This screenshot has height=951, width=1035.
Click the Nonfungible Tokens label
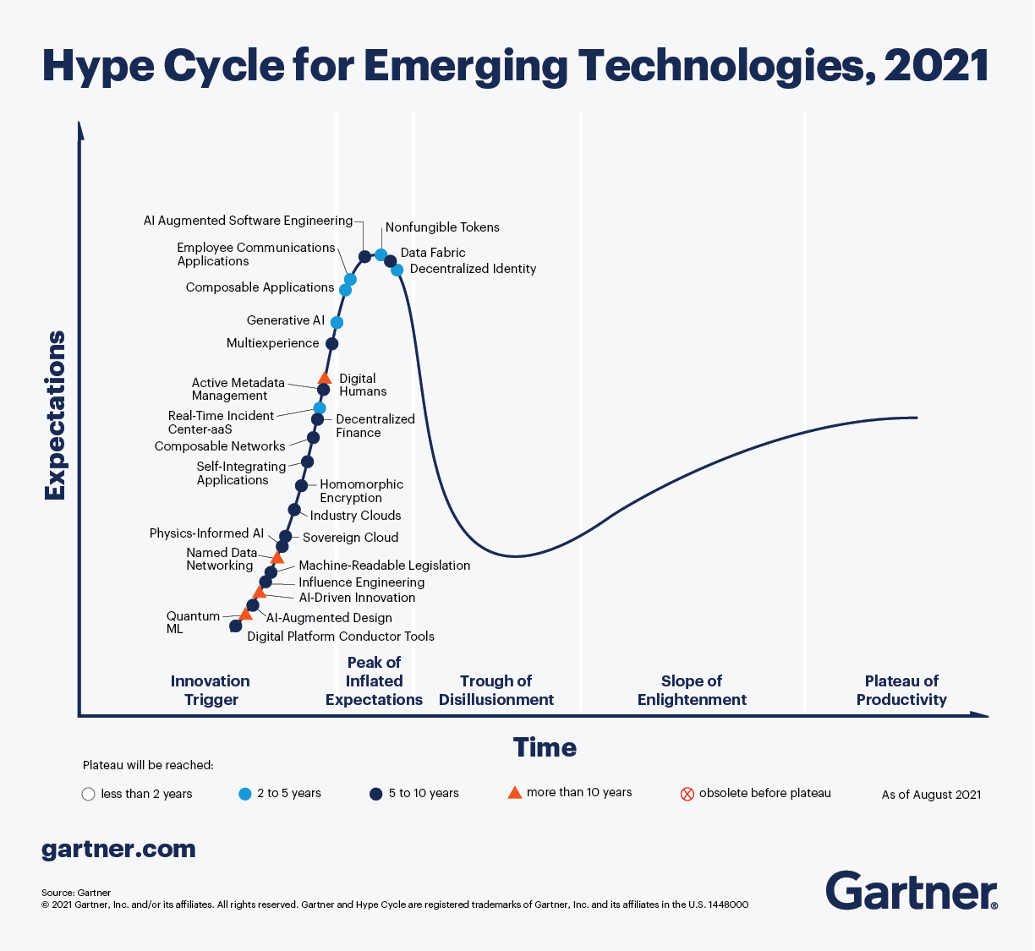pyautogui.click(x=442, y=227)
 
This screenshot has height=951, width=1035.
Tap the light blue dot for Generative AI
pyautogui.click(x=337, y=322)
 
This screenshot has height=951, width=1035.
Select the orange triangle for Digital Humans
pyautogui.click(x=324, y=378)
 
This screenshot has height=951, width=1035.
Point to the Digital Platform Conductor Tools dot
pyautogui.click(x=236, y=626)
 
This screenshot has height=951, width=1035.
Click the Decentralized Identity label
pyautogui.click(x=473, y=269)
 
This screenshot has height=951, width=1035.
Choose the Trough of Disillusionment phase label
pyautogui.click(x=496, y=690)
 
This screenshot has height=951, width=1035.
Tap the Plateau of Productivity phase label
pyautogui.click(x=901, y=690)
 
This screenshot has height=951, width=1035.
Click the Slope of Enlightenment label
pyautogui.click(x=692, y=690)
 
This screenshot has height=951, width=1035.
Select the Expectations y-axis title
pyautogui.click(x=55, y=415)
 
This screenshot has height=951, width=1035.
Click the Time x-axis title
pyautogui.click(x=545, y=747)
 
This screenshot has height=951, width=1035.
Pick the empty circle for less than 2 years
pyautogui.click(x=88, y=794)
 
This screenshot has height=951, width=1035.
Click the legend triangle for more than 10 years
pyautogui.click(x=514, y=792)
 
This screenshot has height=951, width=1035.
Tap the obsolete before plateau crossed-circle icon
pyautogui.click(x=687, y=794)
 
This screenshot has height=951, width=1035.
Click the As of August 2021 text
pyautogui.click(x=931, y=795)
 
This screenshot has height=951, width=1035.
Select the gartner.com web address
pyautogui.click(x=118, y=849)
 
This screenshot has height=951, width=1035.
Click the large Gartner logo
pyautogui.click(x=911, y=890)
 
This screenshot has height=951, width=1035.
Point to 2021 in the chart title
pyautogui.click(x=936, y=66)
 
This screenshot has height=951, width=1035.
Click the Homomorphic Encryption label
pyautogui.click(x=361, y=491)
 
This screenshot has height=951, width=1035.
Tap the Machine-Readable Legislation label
pyautogui.click(x=384, y=566)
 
